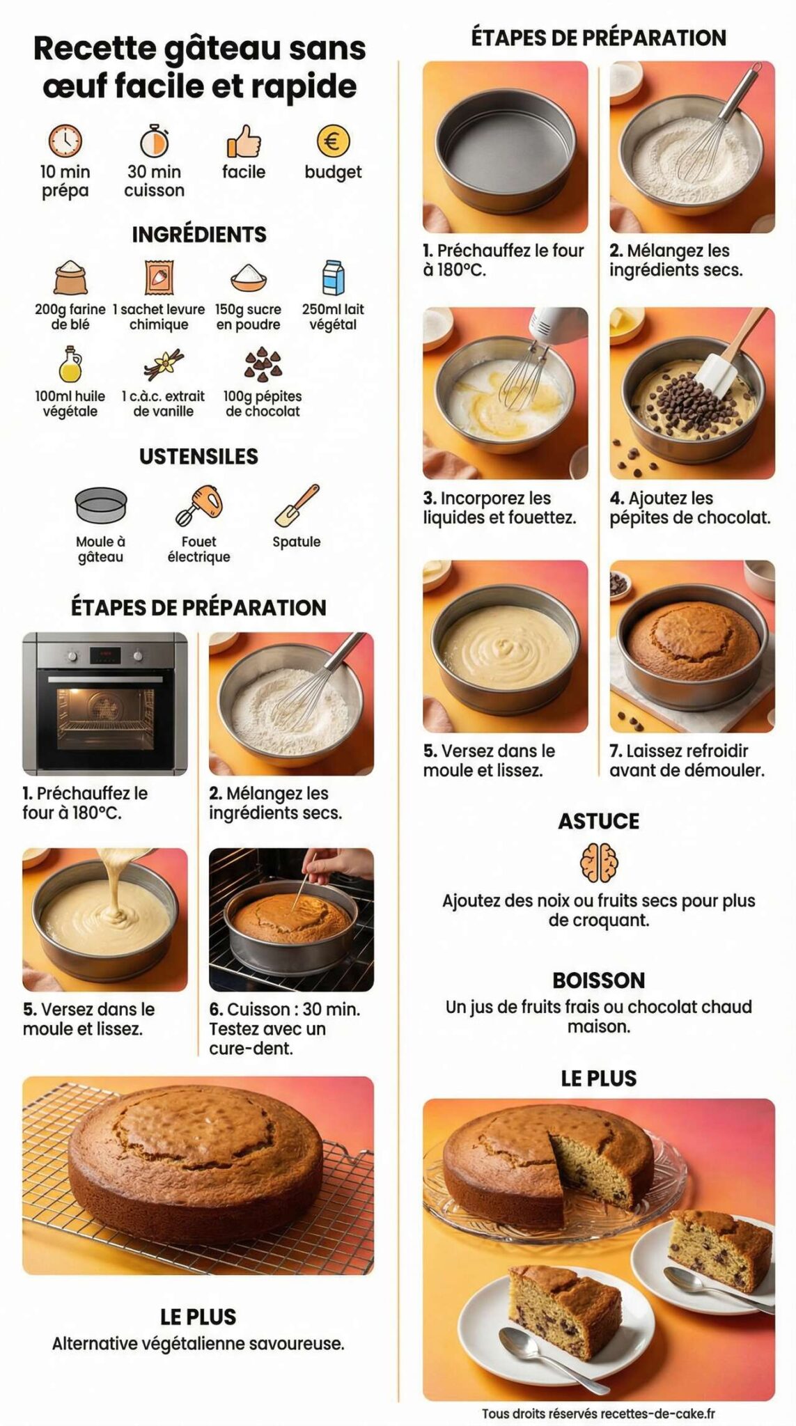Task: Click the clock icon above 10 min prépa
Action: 65,141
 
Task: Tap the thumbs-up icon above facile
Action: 244,141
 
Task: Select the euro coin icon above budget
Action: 333,141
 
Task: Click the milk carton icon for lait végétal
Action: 334,277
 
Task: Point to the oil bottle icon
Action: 70,363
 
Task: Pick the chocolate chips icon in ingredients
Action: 263,364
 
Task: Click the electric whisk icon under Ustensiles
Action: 199,505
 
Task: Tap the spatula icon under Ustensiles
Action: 297,505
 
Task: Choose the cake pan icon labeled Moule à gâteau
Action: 101,505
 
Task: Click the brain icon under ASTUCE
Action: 599,862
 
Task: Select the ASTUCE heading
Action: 599,821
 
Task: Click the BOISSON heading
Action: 599,980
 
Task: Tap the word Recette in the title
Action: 94,49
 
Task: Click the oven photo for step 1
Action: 105,703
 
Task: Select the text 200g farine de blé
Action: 70,317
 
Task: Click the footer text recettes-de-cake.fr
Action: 657,1413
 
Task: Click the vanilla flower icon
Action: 164,364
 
